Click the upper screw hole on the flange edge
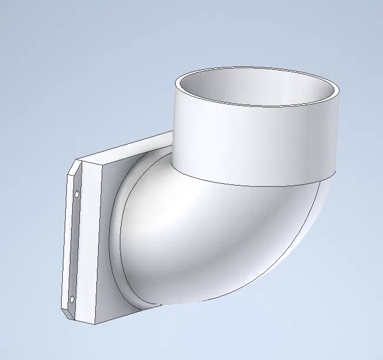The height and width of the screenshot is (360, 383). pyautogui.click(x=78, y=194)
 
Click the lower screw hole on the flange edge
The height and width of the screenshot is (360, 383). pyautogui.click(x=72, y=299)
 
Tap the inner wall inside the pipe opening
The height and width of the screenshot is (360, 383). pyautogui.click(x=258, y=88)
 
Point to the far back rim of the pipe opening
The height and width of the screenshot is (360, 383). pyautogui.click(x=258, y=67)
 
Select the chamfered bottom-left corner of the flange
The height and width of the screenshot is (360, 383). pyautogui.click(x=66, y=312)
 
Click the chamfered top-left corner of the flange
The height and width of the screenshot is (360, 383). pyautogui.click(x=73, y=167)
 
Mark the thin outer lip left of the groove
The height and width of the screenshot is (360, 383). pyautogui.click(x=68, y=247)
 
